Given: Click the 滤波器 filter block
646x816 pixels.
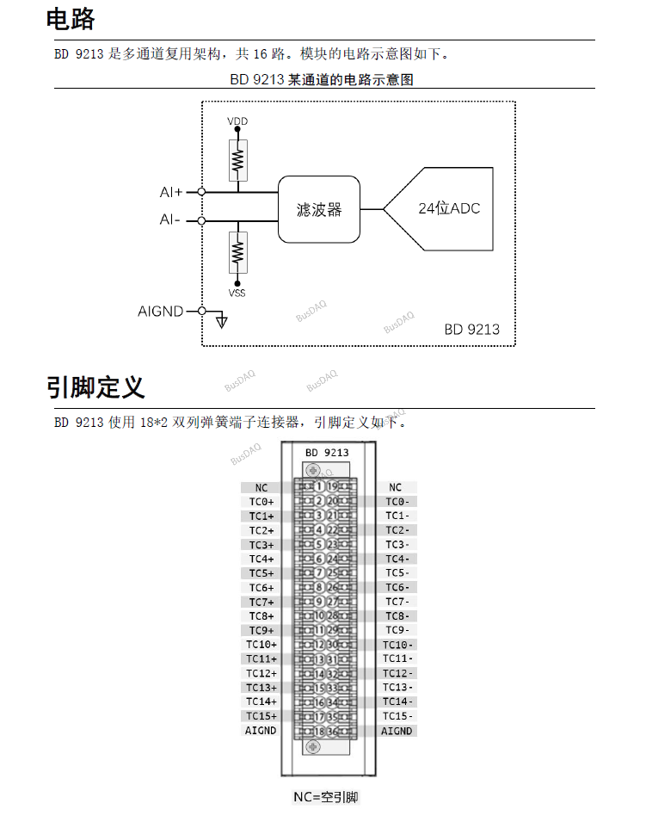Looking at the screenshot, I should tap(319, 209).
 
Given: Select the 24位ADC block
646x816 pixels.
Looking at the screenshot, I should tap(447, 209).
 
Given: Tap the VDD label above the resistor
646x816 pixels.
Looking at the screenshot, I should tap(237, 121).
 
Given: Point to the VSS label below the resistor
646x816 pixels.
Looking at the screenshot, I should tap(237, 294).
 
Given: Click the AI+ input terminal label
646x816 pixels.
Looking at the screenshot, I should tap(171, 192).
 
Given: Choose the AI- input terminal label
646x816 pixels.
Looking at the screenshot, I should tap(170, 220).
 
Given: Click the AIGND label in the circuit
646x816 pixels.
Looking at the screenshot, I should tap(161, 311).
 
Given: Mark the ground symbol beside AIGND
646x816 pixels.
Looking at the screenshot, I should tap(222, 321).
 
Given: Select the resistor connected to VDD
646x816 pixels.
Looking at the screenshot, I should tap(237, 160).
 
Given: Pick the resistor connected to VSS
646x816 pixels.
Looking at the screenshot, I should tap(237, 252).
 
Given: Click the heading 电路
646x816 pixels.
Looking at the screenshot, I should tap(71, 19).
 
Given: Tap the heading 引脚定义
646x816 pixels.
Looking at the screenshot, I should tap(95, 387).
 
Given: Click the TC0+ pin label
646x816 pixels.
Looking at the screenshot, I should tap(261, 502).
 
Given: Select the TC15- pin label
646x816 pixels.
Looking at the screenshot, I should tap(397, 716).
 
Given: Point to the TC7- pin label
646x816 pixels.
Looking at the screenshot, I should tap(397, 602).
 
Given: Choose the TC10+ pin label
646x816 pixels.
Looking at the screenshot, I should tap(261, 645).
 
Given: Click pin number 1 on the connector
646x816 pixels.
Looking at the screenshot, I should tap(318, 487).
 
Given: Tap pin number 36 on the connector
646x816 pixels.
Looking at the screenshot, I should tap(333, 732).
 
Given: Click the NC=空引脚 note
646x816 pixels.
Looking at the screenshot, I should tap(326, 797).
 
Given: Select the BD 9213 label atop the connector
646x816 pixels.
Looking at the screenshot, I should tap(327, 452).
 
